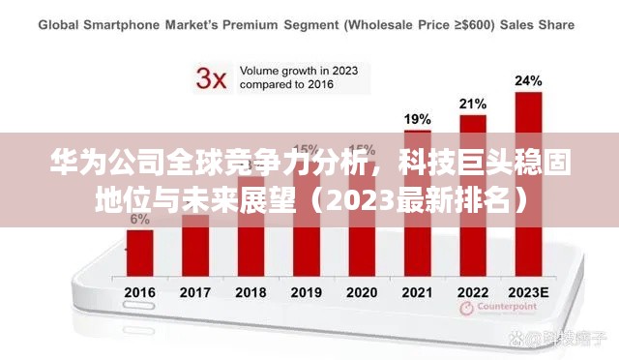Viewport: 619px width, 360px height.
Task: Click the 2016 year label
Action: [139, 291]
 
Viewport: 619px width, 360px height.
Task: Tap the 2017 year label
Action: [195, 291]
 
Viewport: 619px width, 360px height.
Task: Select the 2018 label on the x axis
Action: [251, 291]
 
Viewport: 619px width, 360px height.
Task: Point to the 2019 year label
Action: [307, 291]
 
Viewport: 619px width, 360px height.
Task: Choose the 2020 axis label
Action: [362, 291]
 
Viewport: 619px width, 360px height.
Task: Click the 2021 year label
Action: [418, 291]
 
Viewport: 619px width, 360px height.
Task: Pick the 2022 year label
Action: [473, 291]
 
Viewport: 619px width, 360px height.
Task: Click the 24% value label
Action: [528, 80]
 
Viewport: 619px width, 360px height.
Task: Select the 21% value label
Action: [473, 103]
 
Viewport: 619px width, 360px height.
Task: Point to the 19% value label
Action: [417, 119]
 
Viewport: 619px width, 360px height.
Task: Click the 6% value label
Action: [139, 220]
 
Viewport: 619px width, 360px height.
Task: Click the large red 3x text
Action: [212, 77]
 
